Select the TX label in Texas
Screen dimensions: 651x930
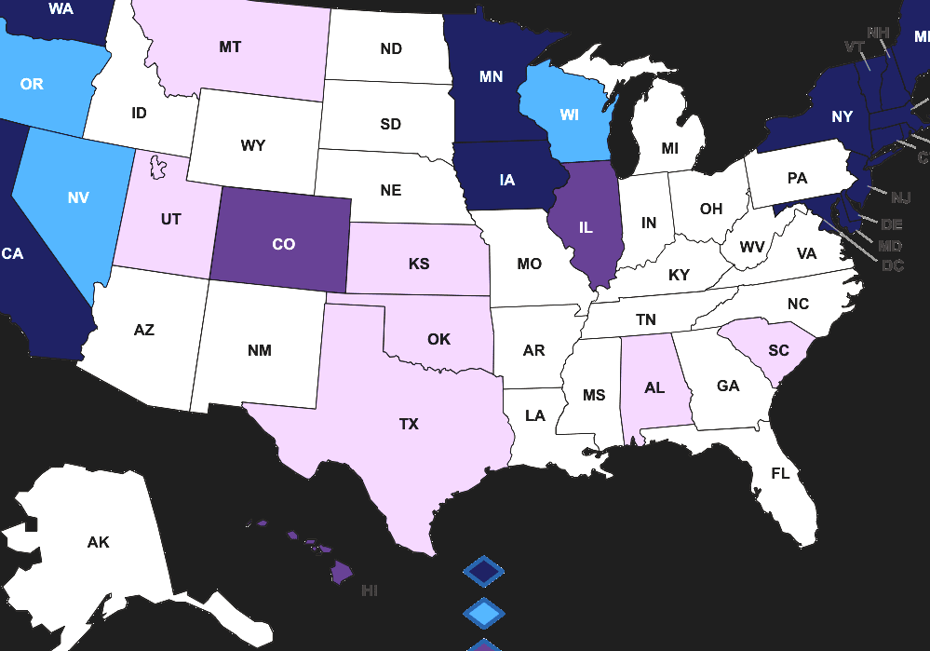(x=409, y=424)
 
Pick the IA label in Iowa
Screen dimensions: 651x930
(x=506, y=180)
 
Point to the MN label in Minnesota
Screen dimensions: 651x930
(x=491, y=77)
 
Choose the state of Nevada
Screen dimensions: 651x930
(x=78, y=197)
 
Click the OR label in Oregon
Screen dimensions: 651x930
(x=32, y=84)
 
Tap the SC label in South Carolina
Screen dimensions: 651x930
(x=778, y=351)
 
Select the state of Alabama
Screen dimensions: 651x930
(x=654, y=387)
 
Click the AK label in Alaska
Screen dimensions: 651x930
(x=98, y=542)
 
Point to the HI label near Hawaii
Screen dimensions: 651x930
(x=370, y=590)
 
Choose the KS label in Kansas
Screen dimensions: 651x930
(x=419, y=264)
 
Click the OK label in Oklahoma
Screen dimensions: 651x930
(x=438, y=339)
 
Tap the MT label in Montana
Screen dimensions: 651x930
(x=231, y=47)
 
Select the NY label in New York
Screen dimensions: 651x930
(x=842, y=116)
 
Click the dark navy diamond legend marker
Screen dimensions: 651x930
(x=483, y=571)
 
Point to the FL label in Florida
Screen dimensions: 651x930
(x=780, y=473)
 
